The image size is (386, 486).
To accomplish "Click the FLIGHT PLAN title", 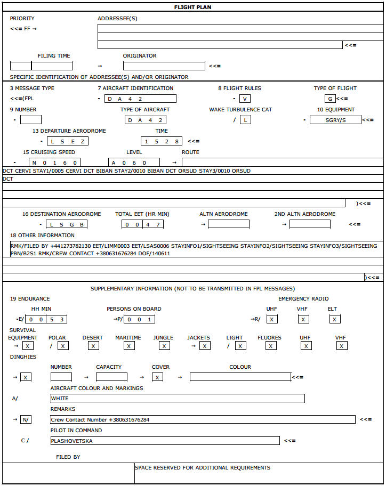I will [x=192, y=7].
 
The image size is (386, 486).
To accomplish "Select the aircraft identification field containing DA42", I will [x=140, y=99].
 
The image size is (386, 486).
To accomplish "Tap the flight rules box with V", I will [x=245, y=99].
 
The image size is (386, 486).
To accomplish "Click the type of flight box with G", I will [x=330, y=99].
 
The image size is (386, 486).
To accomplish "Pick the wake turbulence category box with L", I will [x=245, y=120].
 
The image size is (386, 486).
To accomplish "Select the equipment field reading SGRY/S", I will [x=335, y=120].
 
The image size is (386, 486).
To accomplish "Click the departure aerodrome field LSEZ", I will [x=67, y=141].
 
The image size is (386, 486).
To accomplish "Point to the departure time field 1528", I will [x=162, y=141].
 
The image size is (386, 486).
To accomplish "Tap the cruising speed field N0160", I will [x=54, y=163].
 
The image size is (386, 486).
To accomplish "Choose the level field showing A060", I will [x=134, y=163].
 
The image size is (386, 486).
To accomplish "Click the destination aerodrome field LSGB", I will [x=67, y=224].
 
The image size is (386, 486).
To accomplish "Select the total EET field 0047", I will [x=142, y=224].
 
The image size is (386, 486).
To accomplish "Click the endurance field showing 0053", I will [x=46, y=319].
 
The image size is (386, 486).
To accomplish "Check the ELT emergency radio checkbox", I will [x=334, y=319].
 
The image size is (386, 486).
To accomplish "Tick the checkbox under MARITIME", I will [x=129, y=346].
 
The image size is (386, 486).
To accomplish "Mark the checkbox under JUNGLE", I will [x=165, y=346].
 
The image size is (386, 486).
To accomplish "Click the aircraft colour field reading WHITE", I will [x=177, y=398].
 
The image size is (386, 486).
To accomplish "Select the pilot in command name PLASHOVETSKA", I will [x=165, y=441].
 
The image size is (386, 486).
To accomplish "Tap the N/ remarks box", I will [x=26, y=419].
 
